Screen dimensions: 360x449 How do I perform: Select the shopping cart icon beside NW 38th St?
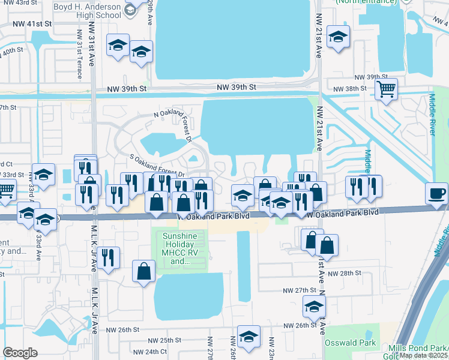tap(387, 90)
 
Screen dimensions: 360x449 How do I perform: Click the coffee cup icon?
tap(436, 194)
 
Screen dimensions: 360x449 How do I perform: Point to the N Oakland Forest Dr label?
tap(173, 124)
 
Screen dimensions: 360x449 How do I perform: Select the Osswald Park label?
tap(351, 343)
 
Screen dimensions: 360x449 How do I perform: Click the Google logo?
tap(20, 353)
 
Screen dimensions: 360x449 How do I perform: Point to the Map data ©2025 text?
tap(423, 355)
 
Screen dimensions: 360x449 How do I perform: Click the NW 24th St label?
tap(146, 352)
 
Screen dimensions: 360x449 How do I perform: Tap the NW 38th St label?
tap(364, 88)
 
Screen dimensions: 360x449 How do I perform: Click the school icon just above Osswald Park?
tap(314, 307)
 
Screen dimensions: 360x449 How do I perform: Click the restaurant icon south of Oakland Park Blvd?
tap(108, 258)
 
